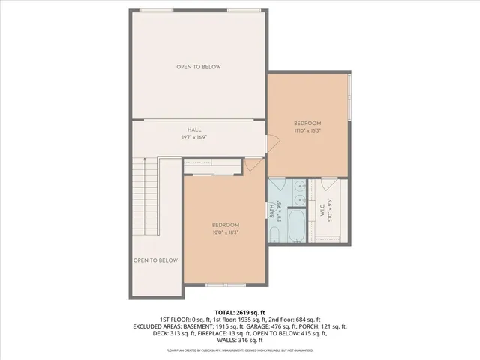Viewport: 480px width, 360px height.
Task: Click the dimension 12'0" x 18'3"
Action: pyautogui.click(x=225, y=232)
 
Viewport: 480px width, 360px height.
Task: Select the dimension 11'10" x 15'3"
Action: pyautogui.click(x=307, y=130)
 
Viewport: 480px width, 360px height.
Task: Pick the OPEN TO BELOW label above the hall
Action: pyautogui.click(x=199, y=67)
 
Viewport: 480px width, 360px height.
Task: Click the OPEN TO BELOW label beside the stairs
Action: pyautogui.click(x=155, y=260)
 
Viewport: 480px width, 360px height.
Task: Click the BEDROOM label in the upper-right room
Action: pyautogui.click(x=307, y=124)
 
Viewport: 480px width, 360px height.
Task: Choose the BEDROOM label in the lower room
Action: pyautogui.click(x=225, y=226)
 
